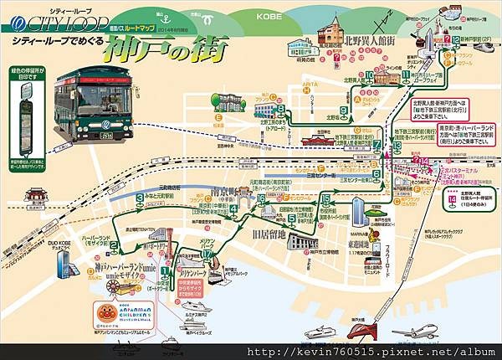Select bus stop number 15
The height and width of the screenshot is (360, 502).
point(325,198)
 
